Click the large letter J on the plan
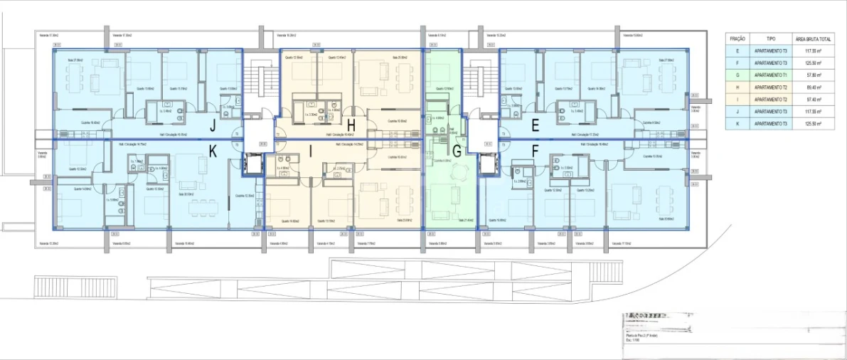tap(212, 127)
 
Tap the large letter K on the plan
tap(212, 150)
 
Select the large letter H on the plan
tap(351, 126)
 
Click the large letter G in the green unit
tap(457, 150)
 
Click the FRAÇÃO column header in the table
tap(737, 38)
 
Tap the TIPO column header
tap(771, 38)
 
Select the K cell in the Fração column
tap(737, 124)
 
